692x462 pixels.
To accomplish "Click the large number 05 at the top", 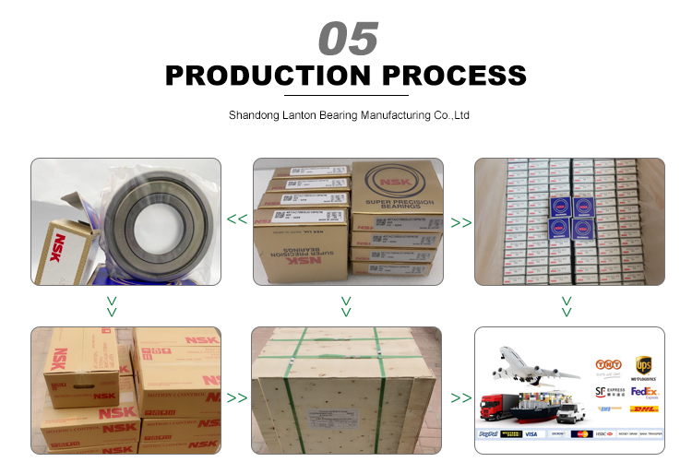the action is click(x=348, y=39).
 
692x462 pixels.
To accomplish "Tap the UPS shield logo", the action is click(x=644, y=366).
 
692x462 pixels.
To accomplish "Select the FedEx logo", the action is click(x=644, y=391).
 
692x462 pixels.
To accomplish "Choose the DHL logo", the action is click(x=644, y=409).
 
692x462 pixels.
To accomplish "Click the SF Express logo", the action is click(x=606, y=391).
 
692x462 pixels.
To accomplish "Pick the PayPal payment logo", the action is click(x=489, y=433).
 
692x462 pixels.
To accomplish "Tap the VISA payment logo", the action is click(x=534, y=433).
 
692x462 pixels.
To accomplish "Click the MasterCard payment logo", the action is click(x=581, y=433).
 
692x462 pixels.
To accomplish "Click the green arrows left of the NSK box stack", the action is click(x=237, y=219).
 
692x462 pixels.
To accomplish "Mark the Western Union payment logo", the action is click(x=510, y=433).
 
